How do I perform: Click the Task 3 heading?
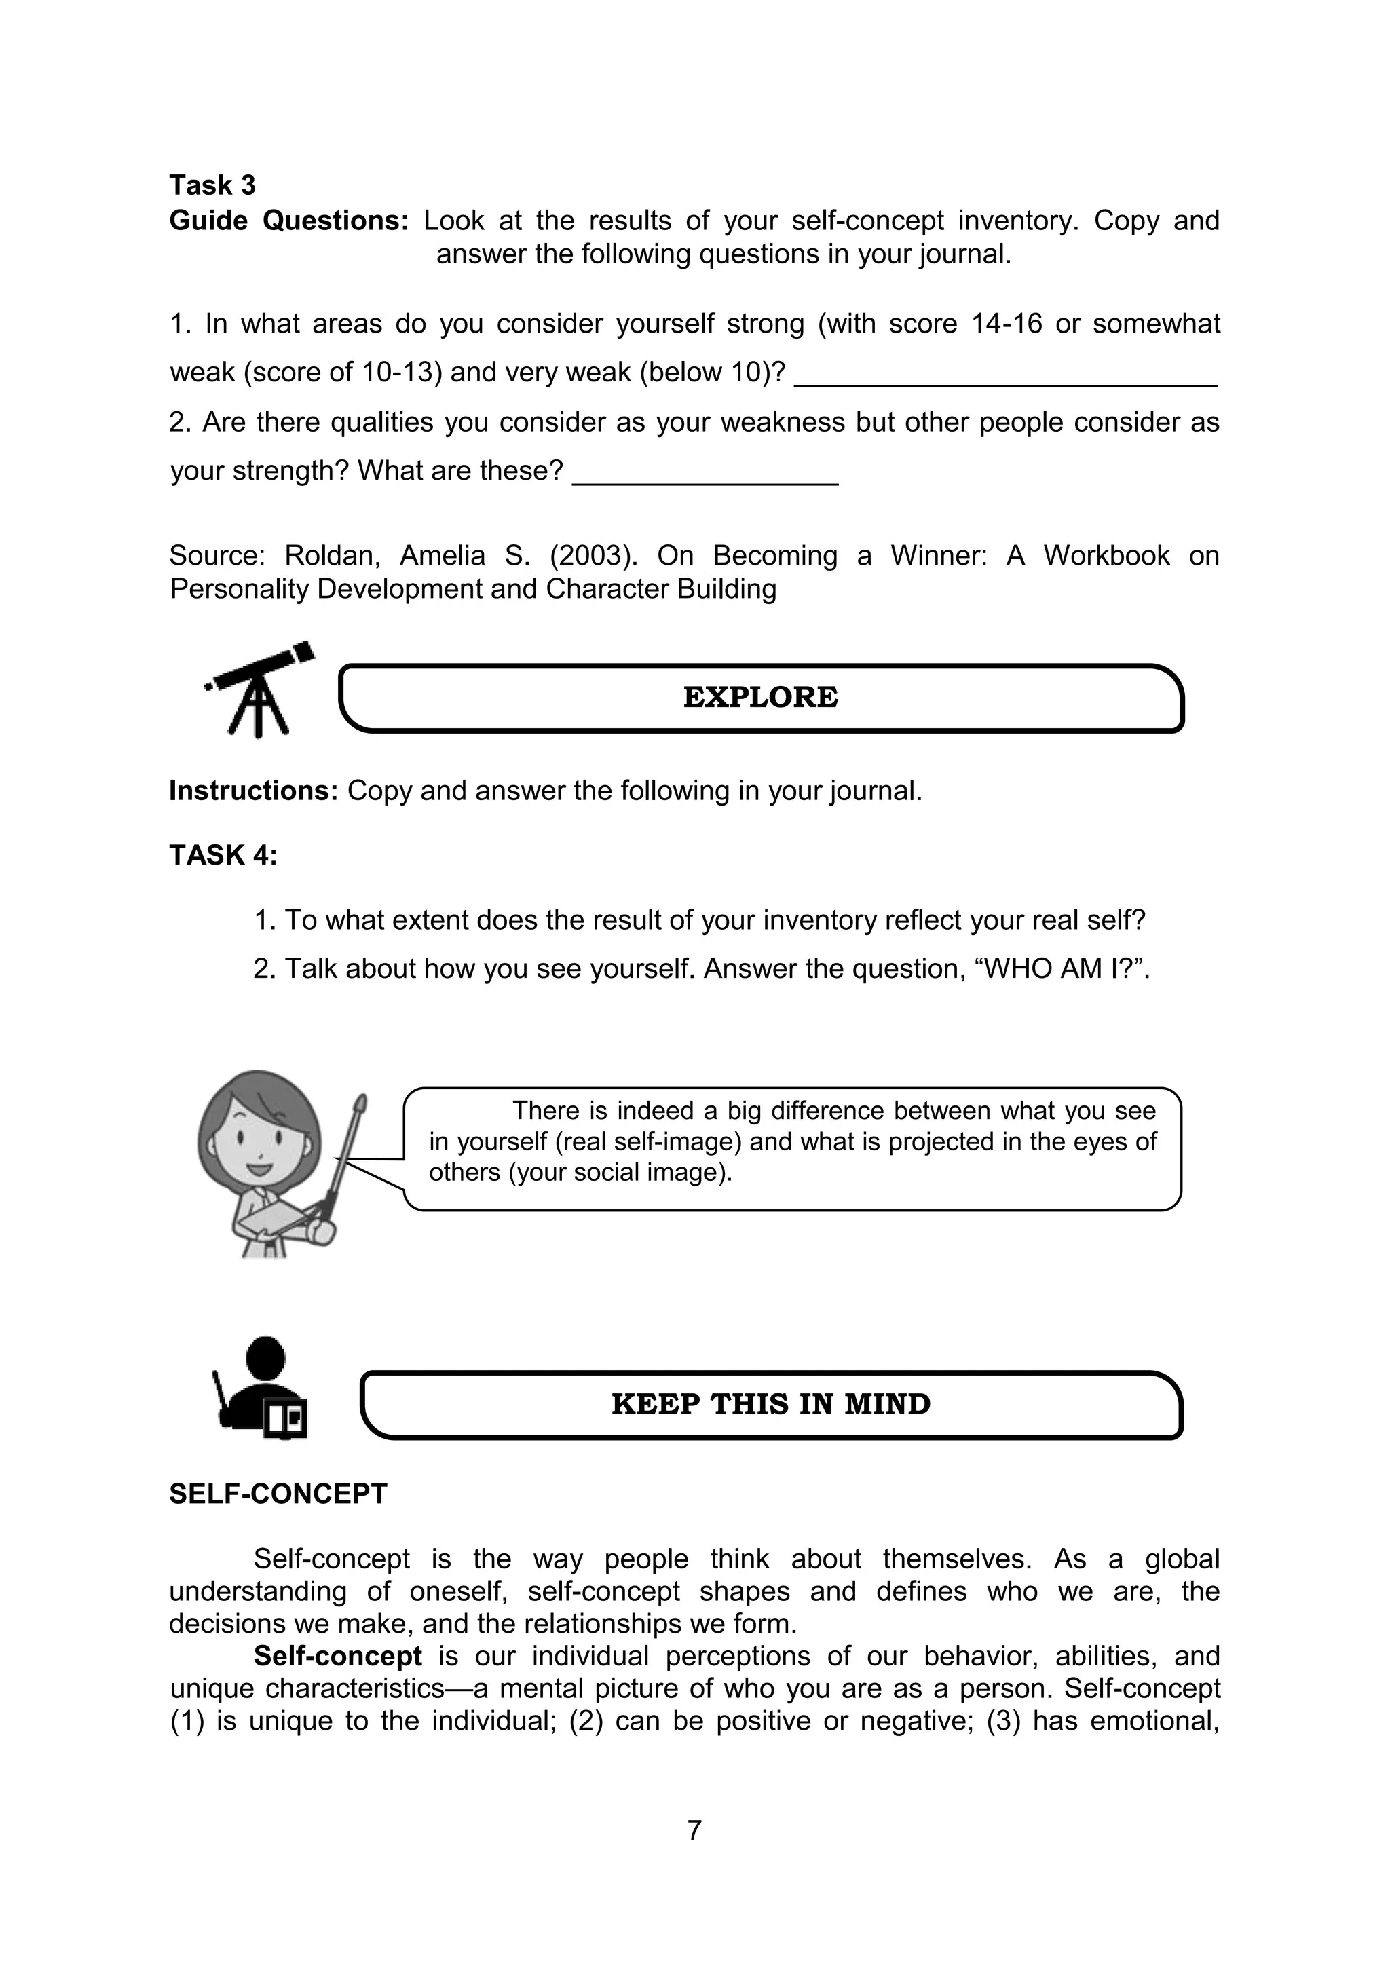pyautogui.click(x=212, y=185)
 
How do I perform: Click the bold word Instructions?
pyautogui.click(x=254, y=791)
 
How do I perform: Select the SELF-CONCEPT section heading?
pyautogui.click(x=278, y=1494)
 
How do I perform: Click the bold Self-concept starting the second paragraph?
pyautogui.click(x=337, y=1655)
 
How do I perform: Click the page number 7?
pyautogui.click(x=694, y=1830)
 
